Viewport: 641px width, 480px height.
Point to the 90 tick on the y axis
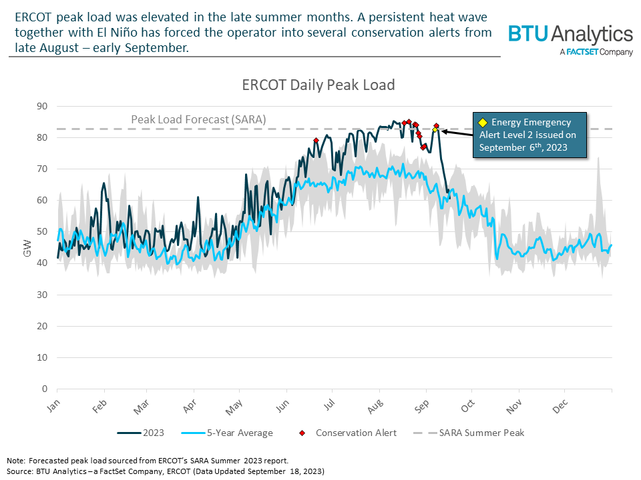[x=44, y=106]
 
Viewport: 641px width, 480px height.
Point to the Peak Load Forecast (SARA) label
[x=198, y=119]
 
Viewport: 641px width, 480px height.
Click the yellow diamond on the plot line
[x=435, y=129]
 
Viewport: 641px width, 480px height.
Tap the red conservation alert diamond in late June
[x=316, y=140]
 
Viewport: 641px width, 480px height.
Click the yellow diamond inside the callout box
[x=483, y=123]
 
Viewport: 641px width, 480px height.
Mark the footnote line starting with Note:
[x=147, y=461]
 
